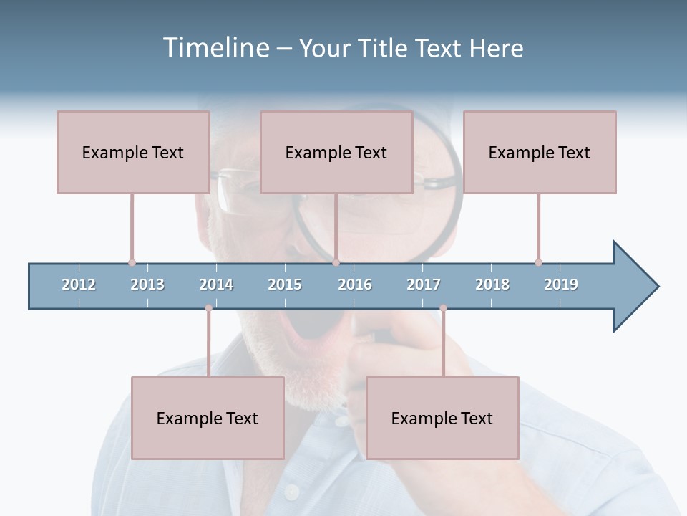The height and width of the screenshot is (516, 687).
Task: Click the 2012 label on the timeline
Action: [79, 285]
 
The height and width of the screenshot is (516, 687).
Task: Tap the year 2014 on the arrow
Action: [216, 285]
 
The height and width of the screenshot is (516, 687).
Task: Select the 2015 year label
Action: [285, 285]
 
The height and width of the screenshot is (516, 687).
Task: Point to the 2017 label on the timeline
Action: [424, 285]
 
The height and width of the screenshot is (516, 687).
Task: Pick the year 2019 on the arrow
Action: [561, 285]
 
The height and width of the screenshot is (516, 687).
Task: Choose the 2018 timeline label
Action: [492, 285]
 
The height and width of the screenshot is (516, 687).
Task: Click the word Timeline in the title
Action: [215, 48]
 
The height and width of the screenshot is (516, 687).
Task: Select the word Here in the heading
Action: [496, 48]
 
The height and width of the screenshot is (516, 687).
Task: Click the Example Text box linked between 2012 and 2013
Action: [133, 152]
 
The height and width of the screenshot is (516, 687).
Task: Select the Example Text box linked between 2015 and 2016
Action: [336, 152]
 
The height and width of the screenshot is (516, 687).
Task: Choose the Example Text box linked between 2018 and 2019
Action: [540, 152]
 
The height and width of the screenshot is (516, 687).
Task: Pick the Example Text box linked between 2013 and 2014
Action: [208, 418]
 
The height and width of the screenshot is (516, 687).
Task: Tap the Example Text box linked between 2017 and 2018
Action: [442, 418]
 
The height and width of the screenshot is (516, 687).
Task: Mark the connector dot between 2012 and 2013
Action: [132, 262]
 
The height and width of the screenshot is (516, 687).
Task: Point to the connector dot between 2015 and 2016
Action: [336, 262]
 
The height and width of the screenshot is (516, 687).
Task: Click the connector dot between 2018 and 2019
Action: [538, 262]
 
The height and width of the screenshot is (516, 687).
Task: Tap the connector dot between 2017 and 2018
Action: [443, 308]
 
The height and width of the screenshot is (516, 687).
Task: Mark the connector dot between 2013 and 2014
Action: [208, 308]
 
